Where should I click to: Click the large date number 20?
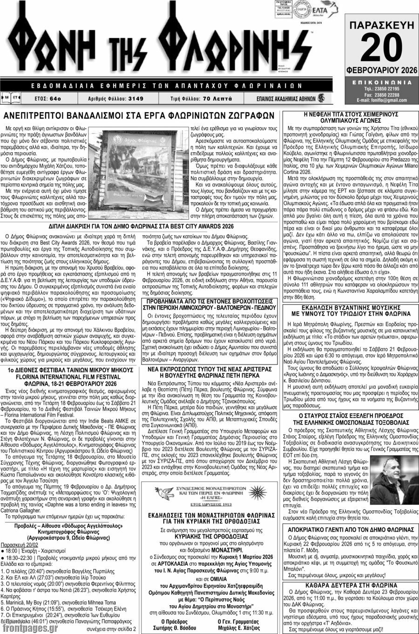[x=380, y=48]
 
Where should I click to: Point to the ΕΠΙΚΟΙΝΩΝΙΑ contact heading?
[x=381, y=81]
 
